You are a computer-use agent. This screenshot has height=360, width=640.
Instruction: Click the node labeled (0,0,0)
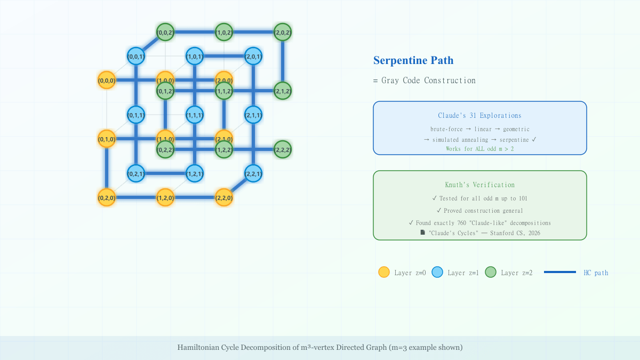tap(107, 80)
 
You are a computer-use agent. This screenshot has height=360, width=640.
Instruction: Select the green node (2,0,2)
tap(283, 32)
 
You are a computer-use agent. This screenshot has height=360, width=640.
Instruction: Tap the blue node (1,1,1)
tap(195, 115)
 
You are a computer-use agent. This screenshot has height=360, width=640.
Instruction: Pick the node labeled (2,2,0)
tap(224, 197)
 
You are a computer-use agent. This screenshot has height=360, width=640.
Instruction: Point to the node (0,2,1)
tap(136, 173)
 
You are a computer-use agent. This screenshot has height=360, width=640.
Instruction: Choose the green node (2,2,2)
tap(283, 149)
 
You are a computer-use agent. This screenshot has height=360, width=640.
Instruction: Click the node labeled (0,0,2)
tap(165, 32)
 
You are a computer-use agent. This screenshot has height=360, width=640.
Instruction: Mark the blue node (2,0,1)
tap(253, 56)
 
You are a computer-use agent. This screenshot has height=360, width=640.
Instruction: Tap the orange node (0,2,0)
tap(107, 197)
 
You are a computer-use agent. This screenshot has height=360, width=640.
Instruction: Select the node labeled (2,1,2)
tap(283, 91)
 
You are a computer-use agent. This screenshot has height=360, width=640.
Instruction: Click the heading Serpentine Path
tap(413, 60)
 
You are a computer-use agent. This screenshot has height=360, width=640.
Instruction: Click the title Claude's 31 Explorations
tap(479, 116)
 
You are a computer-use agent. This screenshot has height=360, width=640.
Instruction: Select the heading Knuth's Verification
tap(479, 185)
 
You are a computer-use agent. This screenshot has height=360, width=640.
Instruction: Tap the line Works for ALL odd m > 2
tap(479, 149)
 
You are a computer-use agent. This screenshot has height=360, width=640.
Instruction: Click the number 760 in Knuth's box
tap(463, 222)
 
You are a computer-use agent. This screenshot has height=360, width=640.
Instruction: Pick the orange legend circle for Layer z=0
tap(384, 272)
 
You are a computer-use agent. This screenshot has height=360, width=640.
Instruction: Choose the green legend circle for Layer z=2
tap(491, 272)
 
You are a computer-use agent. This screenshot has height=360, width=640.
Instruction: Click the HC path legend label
tap(596, 273)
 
